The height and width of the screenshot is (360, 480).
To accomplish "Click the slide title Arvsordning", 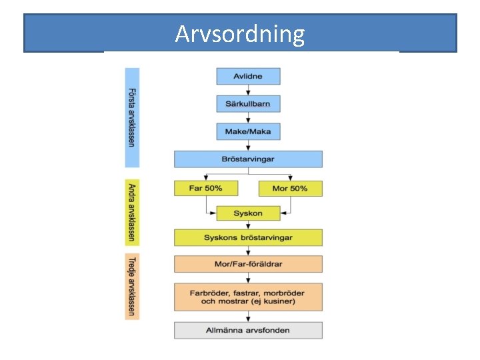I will coord(240,33).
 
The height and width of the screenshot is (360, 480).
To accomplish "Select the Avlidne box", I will coord(248,76).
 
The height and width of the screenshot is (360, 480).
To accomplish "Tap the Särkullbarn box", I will coord(248,103).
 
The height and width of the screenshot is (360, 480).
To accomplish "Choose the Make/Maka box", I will coord(248,131).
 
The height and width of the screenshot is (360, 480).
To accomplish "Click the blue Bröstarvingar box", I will coord(248,159).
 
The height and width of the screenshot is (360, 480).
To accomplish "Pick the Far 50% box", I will coord(206,188).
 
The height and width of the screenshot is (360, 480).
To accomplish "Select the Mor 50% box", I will coord(290,188).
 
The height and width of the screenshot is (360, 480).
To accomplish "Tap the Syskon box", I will coord(248,213).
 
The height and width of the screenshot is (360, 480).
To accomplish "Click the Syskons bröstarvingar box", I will coord(248,238).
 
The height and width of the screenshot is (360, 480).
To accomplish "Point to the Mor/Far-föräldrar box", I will coord(248,264).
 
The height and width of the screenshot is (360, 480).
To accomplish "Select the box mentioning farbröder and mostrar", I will coord(248,297).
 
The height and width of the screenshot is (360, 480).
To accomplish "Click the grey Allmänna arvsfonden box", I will coord(248,330).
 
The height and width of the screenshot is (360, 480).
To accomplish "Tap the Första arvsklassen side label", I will coord(132,117).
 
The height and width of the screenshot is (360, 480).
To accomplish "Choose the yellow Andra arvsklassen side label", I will coord(132,212).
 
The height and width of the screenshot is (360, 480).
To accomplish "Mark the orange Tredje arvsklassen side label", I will coord(132,287).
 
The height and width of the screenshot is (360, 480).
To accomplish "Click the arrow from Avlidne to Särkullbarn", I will coord(248,90).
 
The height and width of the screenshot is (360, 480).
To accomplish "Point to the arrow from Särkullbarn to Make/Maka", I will coord(248,117).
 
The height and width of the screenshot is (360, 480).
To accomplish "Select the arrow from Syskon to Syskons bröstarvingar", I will coord(248,225).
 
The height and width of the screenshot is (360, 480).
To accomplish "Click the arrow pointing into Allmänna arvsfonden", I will coord(248,317).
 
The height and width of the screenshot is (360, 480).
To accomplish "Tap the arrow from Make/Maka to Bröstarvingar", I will coord(248,145).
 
